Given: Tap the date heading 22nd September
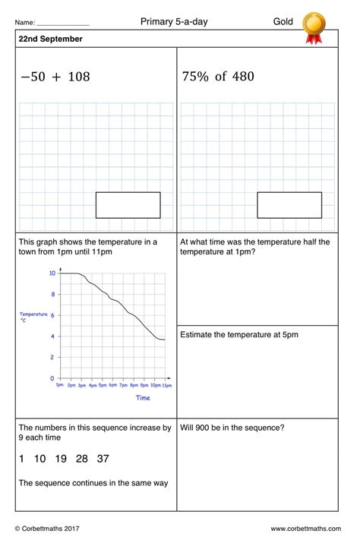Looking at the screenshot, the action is (x=51, y=39).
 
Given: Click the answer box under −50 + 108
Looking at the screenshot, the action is (x=128, y=205).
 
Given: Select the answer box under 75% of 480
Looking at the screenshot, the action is (x=289, y=205).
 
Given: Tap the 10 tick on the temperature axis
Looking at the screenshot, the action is (x=52, y=273).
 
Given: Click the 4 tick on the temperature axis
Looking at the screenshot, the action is (x=52, y=336).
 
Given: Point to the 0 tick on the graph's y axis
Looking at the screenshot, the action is (x=52, y=377).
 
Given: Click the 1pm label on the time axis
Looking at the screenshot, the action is (x=60, y=386).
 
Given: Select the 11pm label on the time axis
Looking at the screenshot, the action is (x=166, y=386).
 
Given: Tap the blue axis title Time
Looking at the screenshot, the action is (x=143, y=397).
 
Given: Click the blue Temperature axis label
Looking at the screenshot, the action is (x=33, y=314).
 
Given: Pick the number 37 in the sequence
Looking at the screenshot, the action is (x=103, y=459).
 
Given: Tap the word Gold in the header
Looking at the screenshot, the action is (x=283, y=22).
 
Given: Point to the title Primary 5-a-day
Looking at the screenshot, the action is (x=174, y=22).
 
